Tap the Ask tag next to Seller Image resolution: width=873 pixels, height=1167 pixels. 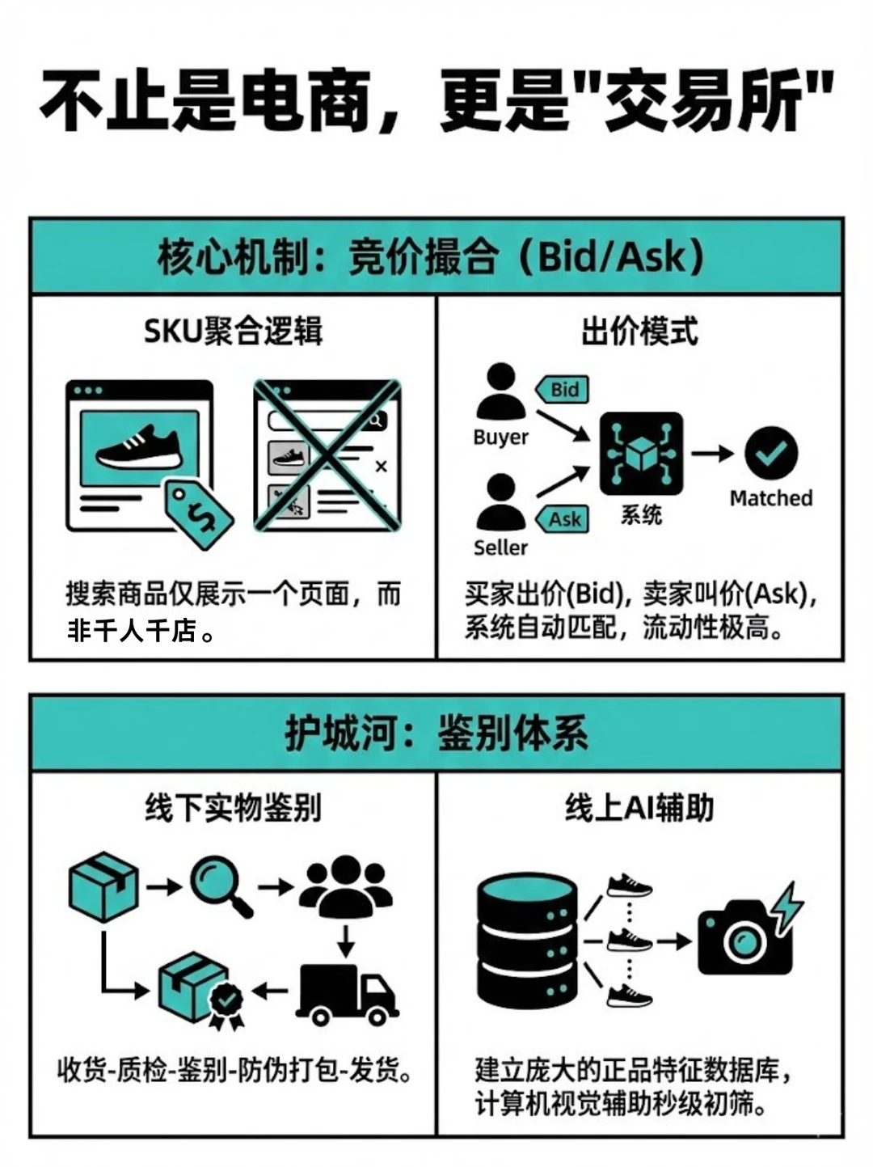point(563,519)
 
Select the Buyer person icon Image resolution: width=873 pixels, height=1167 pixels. point(500,391)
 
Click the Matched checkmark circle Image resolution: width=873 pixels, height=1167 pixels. point(770,453)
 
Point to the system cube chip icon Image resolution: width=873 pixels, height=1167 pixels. point(641,454)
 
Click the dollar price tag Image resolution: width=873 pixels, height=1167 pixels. point(199,514)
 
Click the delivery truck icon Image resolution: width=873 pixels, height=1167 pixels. point(346,994)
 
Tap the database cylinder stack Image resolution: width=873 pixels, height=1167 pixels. point(527,940)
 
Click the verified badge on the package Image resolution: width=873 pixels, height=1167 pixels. point(226,1002)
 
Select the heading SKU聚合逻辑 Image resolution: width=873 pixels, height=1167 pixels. point(233,331)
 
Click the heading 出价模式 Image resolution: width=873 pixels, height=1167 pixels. point(639,331)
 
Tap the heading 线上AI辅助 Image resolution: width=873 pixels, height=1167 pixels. point(639,808)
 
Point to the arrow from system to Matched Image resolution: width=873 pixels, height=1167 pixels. point(711,454)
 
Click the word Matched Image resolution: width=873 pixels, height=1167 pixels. point(770,498)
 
